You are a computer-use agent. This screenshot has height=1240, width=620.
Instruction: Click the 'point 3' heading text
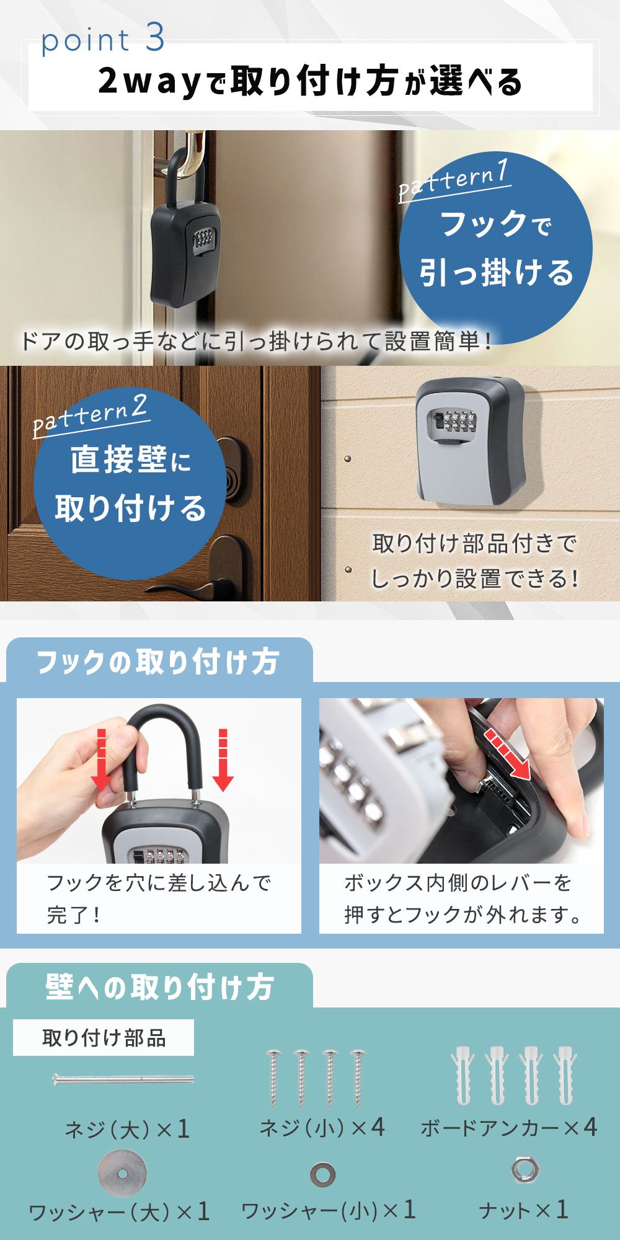103,40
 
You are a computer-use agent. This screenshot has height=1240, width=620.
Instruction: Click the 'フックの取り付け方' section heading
158,662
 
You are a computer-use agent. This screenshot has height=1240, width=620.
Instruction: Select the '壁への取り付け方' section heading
159,986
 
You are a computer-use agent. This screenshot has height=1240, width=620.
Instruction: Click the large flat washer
123,1173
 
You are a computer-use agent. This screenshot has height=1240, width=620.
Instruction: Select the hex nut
526,1169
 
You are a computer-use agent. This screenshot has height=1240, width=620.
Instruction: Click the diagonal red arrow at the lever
508,755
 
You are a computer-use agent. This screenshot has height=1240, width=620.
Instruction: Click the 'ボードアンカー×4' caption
509,1127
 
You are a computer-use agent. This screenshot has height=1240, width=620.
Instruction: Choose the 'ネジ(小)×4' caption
322,1127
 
